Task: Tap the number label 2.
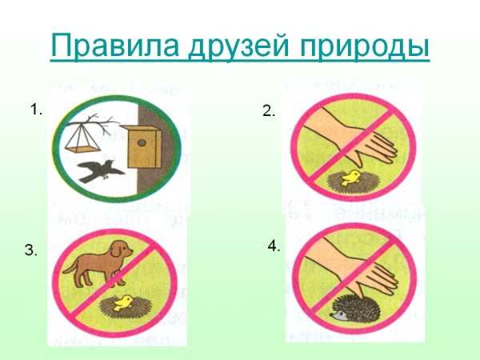(x=268, y=112)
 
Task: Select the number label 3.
(x=30, y=251)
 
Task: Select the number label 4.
(x=274, y=247)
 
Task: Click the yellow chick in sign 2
(x=350, y=176)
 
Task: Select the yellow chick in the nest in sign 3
(x=122, y=302)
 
